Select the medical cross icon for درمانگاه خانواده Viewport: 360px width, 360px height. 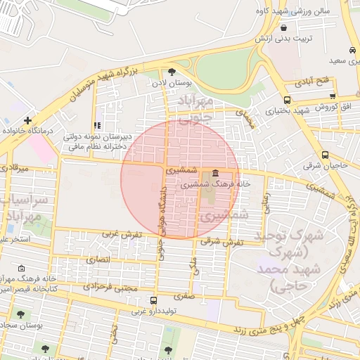[x=27, y=120]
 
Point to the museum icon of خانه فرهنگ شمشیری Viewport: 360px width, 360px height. [x=214, y=174]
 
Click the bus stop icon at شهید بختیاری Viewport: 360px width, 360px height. [x=287, y=100]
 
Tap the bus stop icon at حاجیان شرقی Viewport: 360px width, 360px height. [x=325, y=155]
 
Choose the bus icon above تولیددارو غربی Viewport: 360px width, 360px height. [x=154, y=300]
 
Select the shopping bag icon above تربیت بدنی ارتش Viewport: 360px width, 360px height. [x=283, y=27]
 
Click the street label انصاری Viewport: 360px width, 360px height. [x=98, y=259]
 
